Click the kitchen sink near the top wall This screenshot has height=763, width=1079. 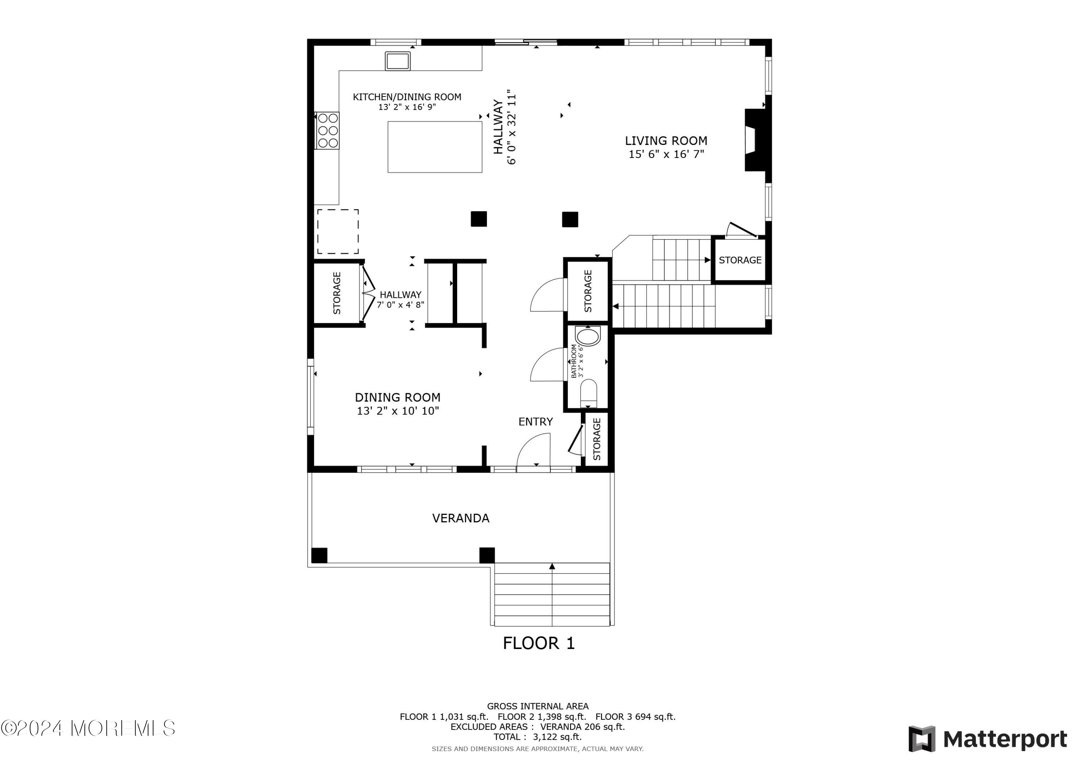[397, 61]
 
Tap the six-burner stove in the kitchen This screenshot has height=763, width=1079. [327, 130]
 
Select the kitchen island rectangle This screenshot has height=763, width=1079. [435, 147]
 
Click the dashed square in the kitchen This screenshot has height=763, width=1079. [338, 232]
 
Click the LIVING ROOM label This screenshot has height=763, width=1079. [666, 141]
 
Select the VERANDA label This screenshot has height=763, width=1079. [460, 518]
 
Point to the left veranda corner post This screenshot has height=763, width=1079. [319, 555]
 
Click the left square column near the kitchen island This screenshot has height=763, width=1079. [479, 219]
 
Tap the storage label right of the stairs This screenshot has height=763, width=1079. [740, 260]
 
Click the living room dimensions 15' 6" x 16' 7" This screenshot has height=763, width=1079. [666, 154]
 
